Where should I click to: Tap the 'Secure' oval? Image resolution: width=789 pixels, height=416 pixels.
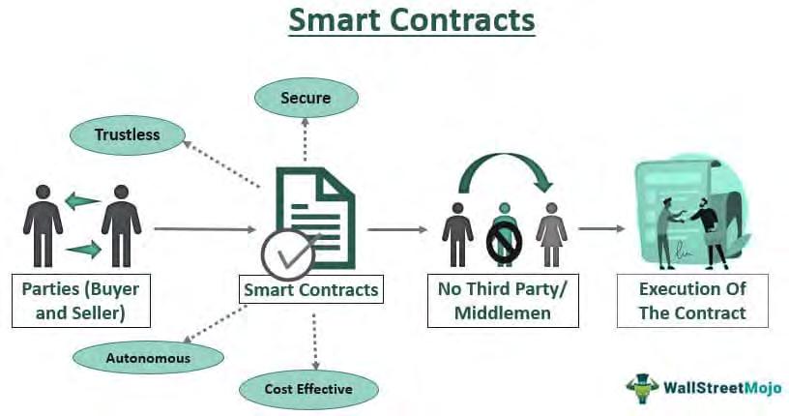click(306, 99)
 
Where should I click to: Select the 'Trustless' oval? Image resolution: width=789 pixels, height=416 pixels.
click(127, 135)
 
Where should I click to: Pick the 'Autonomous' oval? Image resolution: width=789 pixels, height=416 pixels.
click(148, 357)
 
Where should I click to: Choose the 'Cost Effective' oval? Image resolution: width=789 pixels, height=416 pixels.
click(308, 389)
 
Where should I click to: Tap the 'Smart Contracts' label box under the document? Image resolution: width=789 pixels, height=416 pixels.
click(311, 288)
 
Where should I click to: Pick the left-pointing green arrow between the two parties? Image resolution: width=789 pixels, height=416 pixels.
click(82, 202)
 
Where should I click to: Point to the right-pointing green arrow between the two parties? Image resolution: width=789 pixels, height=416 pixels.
click(82, 252)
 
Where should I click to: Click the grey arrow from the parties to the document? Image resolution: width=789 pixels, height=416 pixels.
click(204, 230)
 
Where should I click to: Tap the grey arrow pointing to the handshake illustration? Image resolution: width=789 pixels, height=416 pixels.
click(601, 230)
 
